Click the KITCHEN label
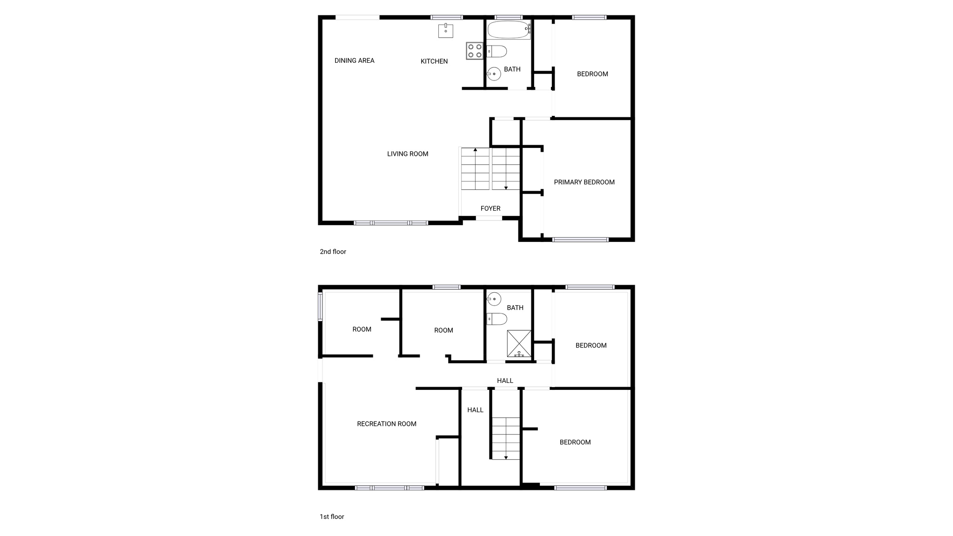(434, 61)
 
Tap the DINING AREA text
(354, 60)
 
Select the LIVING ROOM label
(408, 154)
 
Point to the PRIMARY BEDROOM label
(584, 182)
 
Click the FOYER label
(490, 208)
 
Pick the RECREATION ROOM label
(386, 424)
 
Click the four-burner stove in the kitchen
(475, 51)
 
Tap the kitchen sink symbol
(446, 30)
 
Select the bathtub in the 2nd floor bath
(509, 29)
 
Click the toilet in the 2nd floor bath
(497, 51)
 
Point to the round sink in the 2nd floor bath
(494, 74)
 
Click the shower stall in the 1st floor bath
(519, 343)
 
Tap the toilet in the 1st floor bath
(497, 319)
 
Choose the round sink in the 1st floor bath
(494, 299)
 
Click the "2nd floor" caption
(333, 252)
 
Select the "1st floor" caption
(332, 516)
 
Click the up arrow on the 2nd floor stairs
(475, 150)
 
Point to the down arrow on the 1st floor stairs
(506, 457)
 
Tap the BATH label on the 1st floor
(515, 308)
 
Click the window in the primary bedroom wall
(580, 240)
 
